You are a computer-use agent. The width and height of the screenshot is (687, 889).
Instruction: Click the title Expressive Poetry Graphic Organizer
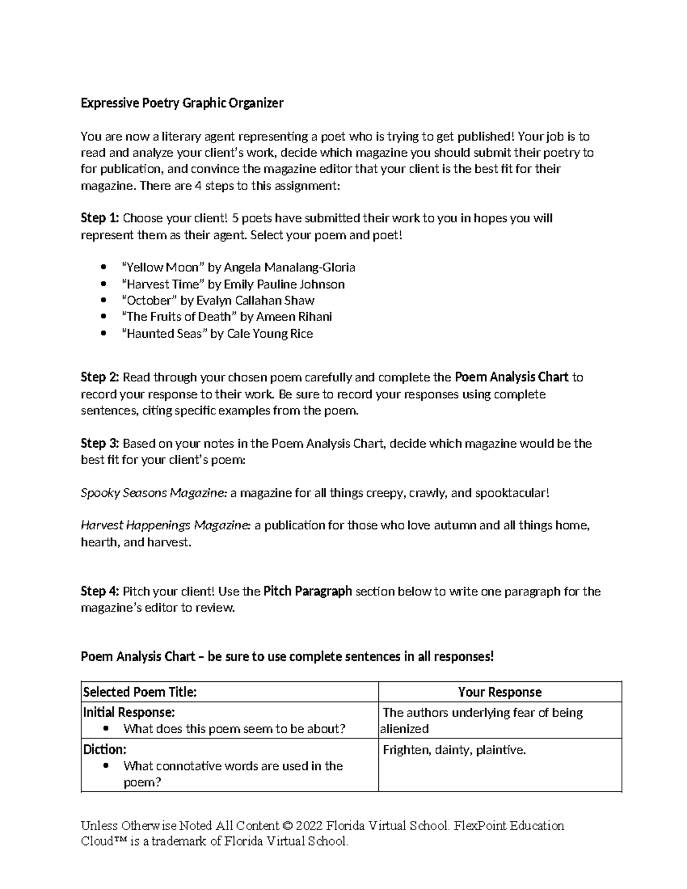click(182, 103)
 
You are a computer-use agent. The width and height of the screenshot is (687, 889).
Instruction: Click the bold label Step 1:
click(100, 218)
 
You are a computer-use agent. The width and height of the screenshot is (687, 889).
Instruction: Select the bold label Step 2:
click(100, 377)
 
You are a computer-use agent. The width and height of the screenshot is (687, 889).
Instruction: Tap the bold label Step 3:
click(100, 444)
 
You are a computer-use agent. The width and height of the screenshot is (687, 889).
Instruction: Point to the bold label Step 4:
click(100, 591)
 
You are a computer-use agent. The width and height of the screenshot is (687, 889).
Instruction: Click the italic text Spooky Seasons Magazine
click(153, 493)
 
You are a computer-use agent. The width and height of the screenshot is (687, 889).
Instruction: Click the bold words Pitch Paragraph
click(307, 591)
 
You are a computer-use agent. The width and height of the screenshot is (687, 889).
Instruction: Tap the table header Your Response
click(499, 692)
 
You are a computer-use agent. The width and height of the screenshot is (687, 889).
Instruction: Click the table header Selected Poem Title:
click(140, 692)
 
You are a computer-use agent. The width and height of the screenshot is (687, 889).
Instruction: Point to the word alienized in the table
click(404, 729)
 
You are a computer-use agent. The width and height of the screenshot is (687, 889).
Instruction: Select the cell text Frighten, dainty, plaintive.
click(454, 750)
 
